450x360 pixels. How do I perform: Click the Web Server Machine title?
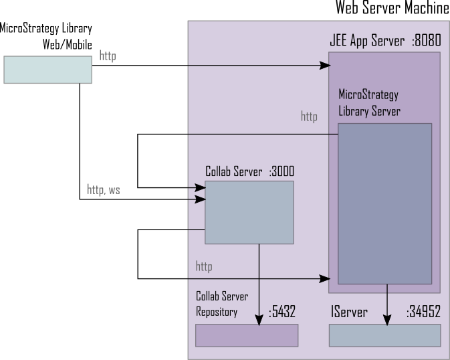pos(392,7)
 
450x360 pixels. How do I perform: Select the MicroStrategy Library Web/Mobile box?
pos(47,69)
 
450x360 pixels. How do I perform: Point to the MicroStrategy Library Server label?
pos(369,102)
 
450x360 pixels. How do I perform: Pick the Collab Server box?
pos(249,212)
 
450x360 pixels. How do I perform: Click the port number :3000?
pos(282,171)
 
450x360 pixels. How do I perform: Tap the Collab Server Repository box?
pos(246,335)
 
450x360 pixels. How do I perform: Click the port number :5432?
pos(282,312)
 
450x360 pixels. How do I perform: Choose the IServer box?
pos(384,335)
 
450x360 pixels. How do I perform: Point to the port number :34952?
pos(423,312)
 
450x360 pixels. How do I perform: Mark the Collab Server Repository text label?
pos(217,303)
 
